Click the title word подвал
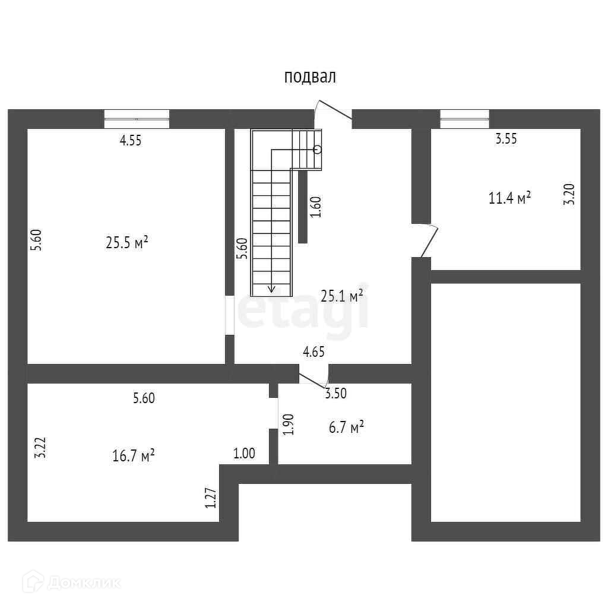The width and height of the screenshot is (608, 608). point(310,77)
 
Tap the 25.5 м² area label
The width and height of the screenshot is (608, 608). point(127,243)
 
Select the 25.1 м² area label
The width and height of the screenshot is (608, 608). point(342,296)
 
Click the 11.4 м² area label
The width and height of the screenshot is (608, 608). point(509,198)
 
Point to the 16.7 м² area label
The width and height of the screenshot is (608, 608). point(134,456)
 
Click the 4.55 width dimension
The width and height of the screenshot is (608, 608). point(131,141)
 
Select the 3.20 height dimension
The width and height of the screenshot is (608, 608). point(569,194)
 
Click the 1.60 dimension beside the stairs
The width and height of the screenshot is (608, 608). point(316,207)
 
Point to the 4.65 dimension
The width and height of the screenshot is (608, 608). point(313,351)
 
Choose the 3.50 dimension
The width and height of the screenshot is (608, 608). point(335,392)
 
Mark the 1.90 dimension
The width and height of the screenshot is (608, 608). point(289,425)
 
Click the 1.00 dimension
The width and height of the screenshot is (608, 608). point(243,454)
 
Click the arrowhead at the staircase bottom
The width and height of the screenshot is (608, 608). point(272,289)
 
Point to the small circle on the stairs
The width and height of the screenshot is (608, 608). point(318,149)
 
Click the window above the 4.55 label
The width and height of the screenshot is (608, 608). point(137,119)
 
